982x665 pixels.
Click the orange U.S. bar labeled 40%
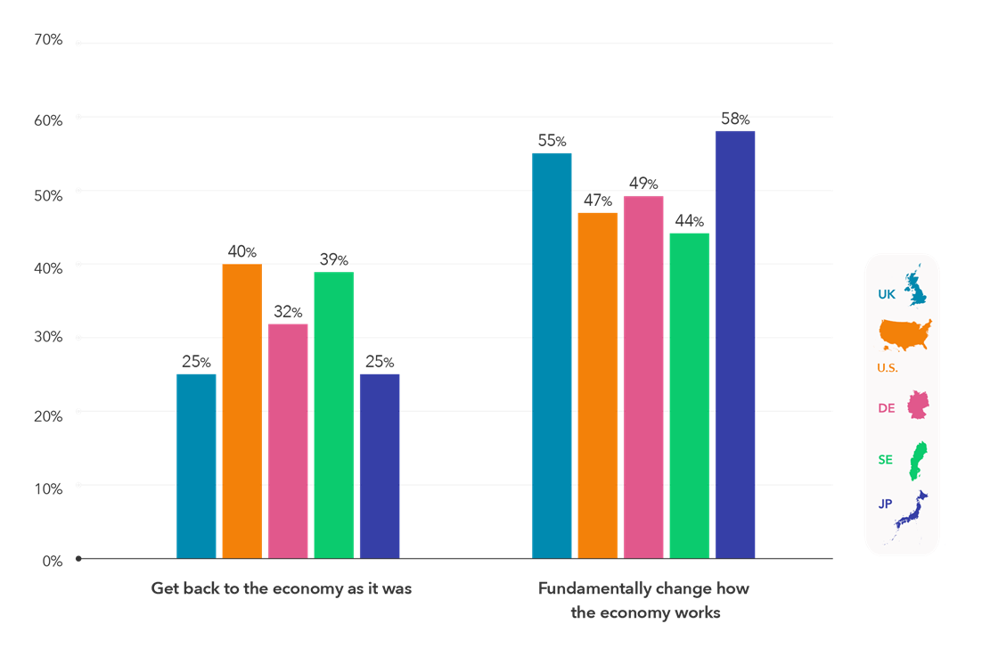point(242,410)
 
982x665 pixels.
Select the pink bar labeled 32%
point(288,440)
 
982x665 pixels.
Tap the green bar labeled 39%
point(333,415)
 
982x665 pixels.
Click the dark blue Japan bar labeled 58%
point(735,344)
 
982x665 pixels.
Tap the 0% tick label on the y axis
point(51,561)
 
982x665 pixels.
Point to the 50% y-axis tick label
point(48,195)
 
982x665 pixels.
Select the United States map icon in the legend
point(905,333)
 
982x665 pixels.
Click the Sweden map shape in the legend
point(916,458)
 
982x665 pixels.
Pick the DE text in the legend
point(886,407)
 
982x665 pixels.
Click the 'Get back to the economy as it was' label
point(282,589)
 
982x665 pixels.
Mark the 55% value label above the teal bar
point(552,141)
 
